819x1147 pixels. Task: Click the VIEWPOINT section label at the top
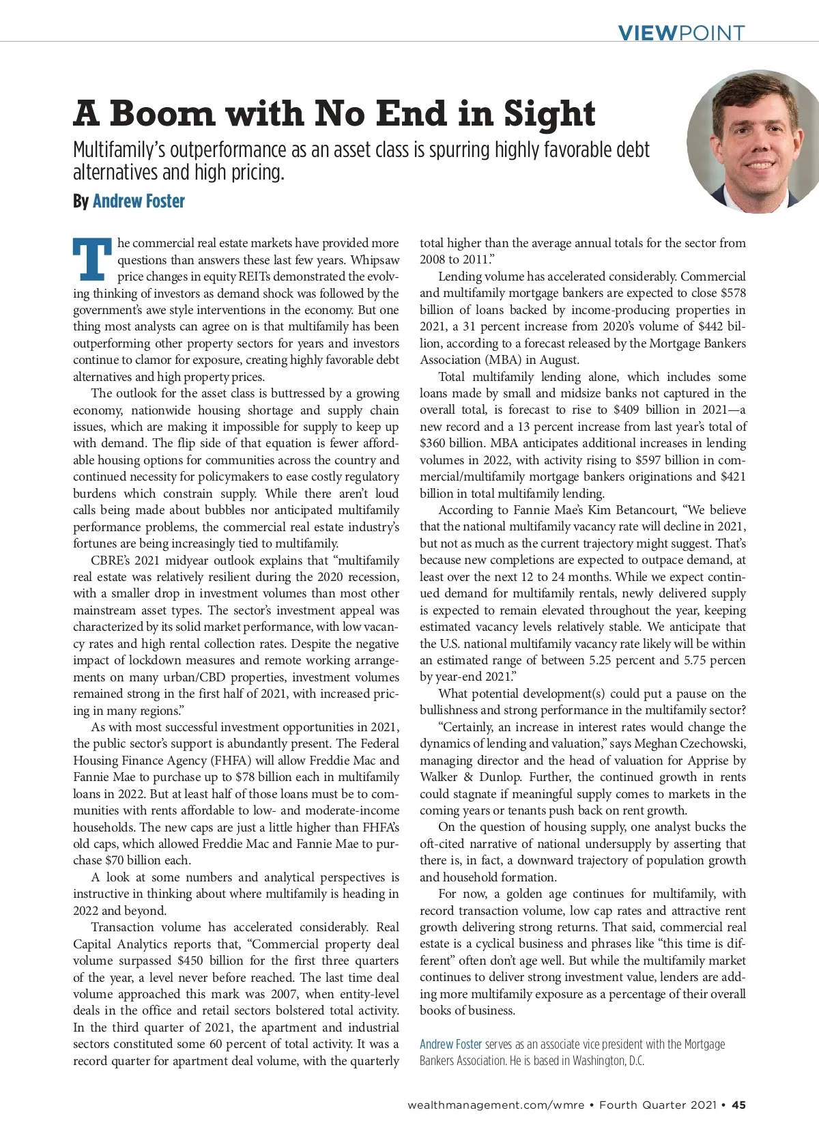680,32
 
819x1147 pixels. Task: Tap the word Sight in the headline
549,113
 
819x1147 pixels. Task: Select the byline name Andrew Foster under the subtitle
139,201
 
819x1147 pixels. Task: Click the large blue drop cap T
92,259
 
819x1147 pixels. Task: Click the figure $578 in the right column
732,293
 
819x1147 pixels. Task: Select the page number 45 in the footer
738,1105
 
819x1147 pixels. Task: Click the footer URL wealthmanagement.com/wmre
495,1105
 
